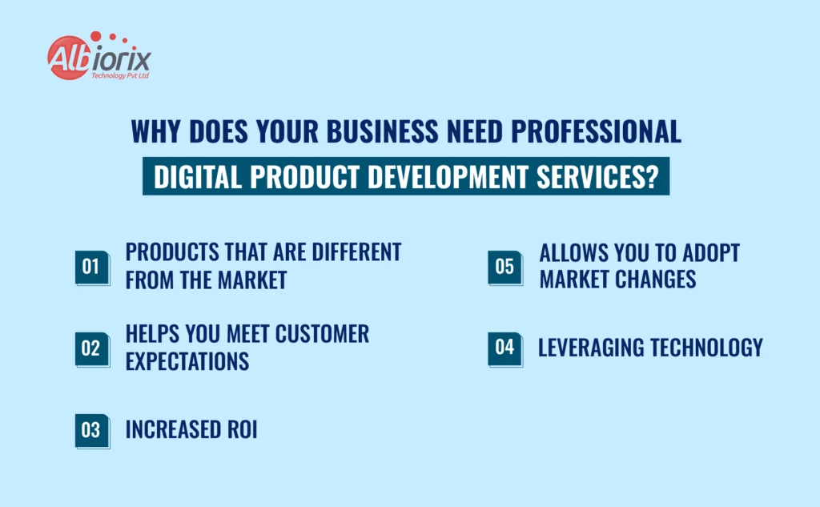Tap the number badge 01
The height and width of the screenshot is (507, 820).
point(91,267)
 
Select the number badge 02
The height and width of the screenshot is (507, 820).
point(91,348)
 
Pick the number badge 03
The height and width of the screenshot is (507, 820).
point(91,431)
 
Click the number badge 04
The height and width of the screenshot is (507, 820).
point(504,348)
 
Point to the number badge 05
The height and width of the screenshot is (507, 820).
point(504,266)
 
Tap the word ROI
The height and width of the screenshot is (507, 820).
point(239,430)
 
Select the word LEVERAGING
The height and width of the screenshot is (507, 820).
point(589,348)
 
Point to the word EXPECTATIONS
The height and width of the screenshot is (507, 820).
point(187,361)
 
